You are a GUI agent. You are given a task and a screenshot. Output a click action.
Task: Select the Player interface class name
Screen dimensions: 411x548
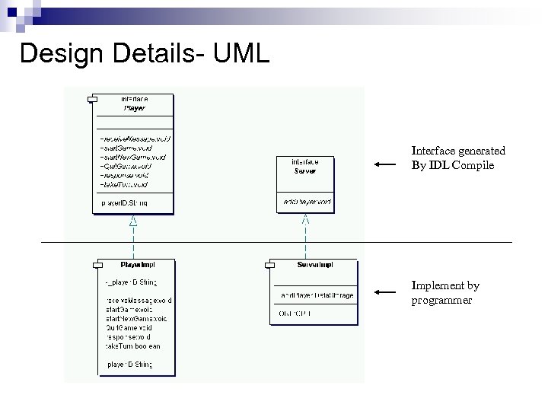134,108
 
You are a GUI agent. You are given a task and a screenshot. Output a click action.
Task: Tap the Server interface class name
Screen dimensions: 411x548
305,170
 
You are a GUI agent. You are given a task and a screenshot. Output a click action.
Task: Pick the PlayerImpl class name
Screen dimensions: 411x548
138,265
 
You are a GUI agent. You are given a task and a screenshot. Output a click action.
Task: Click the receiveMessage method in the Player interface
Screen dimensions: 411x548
135,139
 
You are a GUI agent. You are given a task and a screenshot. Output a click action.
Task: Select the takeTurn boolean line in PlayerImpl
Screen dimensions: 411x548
132,346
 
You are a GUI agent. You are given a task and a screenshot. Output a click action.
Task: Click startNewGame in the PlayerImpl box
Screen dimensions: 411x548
135,318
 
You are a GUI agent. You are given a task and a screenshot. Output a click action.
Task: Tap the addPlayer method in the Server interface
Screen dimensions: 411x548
306,202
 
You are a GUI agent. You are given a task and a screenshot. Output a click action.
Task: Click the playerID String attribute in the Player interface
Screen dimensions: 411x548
124,203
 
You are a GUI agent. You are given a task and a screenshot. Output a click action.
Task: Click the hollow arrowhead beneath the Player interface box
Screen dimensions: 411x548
133,221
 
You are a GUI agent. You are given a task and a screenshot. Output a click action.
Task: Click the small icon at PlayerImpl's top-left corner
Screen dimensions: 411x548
97,264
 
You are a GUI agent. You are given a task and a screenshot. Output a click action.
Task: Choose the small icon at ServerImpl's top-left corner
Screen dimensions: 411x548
269,264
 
